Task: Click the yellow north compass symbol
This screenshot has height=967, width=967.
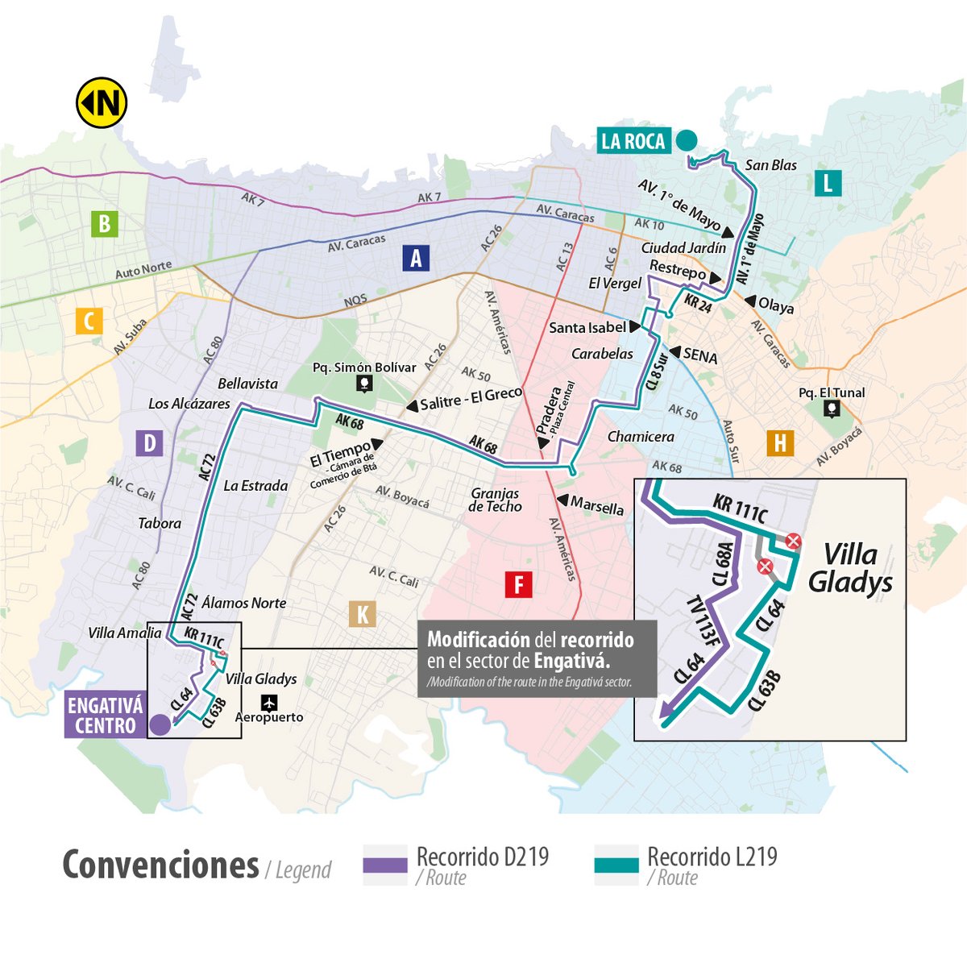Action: point(102,102)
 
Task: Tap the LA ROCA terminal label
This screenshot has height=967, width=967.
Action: point(633,141)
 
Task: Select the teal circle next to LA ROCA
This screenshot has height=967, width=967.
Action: point(687,140)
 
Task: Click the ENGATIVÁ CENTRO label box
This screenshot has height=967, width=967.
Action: point(105,716)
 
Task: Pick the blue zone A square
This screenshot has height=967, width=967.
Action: point(416,258)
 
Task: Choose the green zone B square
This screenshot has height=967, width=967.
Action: point(105,223)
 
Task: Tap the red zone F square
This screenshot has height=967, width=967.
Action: point(518,584)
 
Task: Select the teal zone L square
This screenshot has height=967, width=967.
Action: point(828,183)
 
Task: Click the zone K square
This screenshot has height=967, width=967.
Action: point(363,615)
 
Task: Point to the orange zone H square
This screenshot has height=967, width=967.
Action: point(779,443)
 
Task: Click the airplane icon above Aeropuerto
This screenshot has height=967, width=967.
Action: point(269,702)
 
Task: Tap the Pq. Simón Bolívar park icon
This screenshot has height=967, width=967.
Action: point(365,384)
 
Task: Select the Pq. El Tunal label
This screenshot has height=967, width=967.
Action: point(832,392)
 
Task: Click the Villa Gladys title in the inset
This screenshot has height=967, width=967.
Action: point(850,568)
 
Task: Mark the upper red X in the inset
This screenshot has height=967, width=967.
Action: point(793,541)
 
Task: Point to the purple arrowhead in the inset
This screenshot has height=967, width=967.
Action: point(666,709)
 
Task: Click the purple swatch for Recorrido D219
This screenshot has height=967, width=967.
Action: point(385,865)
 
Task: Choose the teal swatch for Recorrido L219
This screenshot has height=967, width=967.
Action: point(616,865)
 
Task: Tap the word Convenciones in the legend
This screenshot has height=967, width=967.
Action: point(160,865)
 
